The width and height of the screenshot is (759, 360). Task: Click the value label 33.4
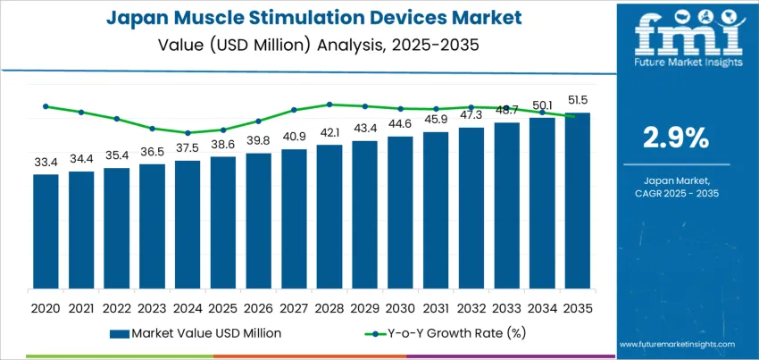tap(46, 163)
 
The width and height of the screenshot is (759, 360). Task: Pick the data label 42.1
tap(329, 133)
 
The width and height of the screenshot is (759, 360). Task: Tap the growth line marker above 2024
tap(188, 133)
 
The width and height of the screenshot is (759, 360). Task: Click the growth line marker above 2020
tap(46, 106)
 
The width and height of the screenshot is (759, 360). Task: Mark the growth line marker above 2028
tap(329, 105)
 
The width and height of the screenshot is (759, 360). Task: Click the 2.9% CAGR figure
tap(676, 137)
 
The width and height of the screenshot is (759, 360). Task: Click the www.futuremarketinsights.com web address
tap(676, 344)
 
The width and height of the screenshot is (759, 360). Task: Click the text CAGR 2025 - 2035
tap(676, 193)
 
